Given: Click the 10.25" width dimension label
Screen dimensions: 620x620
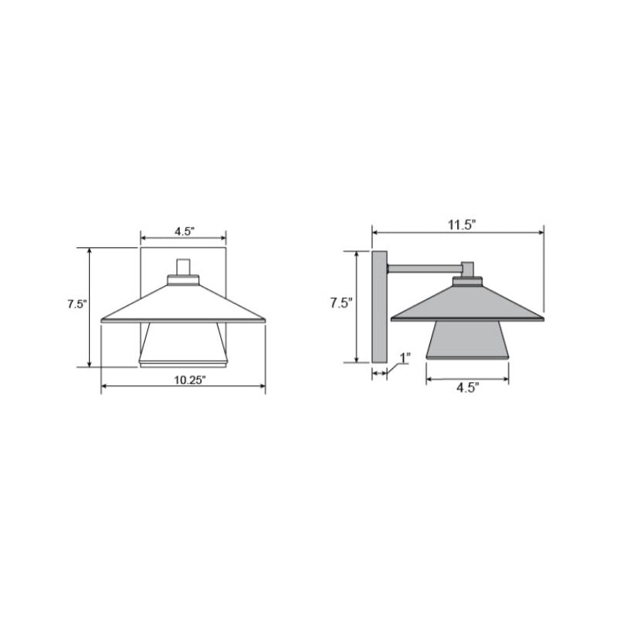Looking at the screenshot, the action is (x=190, y=380).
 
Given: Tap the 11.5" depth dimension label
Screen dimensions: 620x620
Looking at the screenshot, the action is (x=461, y=225).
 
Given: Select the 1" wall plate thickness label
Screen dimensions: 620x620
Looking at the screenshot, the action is (x=405, y=358).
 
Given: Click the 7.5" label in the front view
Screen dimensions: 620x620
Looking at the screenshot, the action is (x=77, y=304).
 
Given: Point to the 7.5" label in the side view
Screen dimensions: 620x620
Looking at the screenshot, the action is (x=341, y=303).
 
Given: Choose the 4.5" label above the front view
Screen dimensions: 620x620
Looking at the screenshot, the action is (x=184, y=231).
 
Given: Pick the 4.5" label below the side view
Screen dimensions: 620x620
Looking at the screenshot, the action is (x=468, y=388).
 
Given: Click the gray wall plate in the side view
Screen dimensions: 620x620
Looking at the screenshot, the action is (x=379, y=307).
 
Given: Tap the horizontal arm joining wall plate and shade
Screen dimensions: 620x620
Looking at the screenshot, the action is (x=425, y=269).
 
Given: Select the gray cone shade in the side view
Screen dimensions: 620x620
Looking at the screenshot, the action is (x=467, y=305).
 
